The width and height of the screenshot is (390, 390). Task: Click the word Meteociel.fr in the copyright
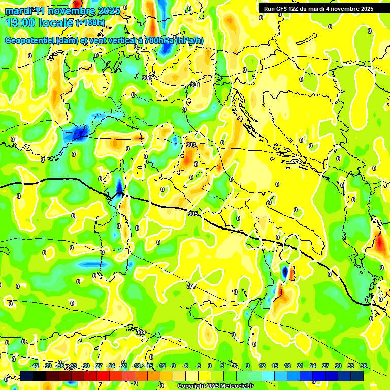tap(234, 386)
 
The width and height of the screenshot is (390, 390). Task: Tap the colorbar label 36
tap(364, 366)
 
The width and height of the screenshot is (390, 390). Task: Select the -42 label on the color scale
tap(35, 366)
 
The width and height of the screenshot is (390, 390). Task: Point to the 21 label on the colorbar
tap(300, 366)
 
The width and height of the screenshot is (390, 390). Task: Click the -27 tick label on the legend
tap(99, 366)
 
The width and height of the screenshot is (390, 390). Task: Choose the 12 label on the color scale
tap(262, 366)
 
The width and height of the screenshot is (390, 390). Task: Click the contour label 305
tap(192, 214)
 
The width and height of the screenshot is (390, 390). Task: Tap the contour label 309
tap(141, 332)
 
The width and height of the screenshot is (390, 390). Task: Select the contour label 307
tap(191, 286)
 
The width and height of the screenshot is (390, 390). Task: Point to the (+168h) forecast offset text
tap(91, 22)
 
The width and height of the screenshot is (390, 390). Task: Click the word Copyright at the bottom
tap(191, 386)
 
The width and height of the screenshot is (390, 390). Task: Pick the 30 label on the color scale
tap(338, 366)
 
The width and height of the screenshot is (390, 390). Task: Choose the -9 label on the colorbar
tap(173, 366)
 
